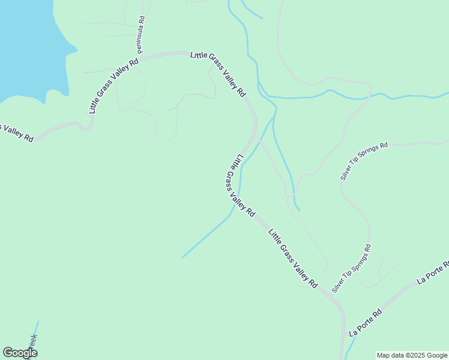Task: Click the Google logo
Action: click(19, 353)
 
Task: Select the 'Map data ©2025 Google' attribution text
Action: click(412, 356)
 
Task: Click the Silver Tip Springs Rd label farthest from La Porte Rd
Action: click(364, 161)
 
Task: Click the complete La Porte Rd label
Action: click(366, 322)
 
